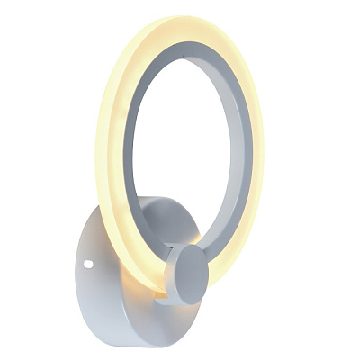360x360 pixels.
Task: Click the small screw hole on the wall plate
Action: [x=88, y=264]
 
